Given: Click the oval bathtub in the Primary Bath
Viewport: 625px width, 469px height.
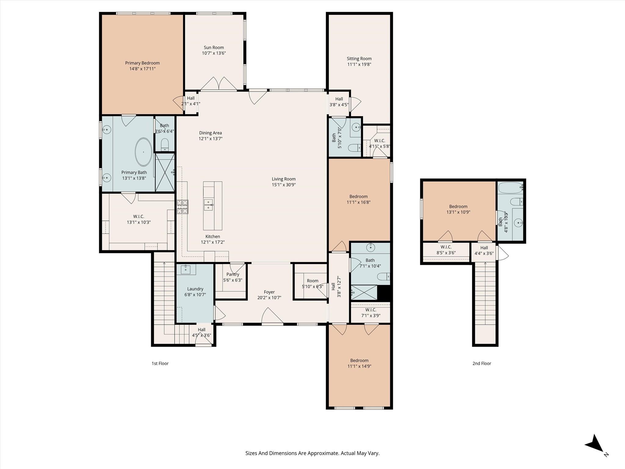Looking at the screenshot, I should coord(143,152).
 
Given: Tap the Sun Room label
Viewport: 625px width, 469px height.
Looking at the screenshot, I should coord(214,47).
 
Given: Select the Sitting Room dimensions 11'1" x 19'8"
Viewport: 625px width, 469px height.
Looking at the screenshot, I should coord(359,64).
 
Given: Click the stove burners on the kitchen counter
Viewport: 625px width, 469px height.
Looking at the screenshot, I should coord(182,207).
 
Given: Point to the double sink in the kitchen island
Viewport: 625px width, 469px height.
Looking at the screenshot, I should coord(208,205).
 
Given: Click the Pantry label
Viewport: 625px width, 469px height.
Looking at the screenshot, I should coord(233,274).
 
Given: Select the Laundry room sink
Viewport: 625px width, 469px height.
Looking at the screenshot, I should coord(186,269).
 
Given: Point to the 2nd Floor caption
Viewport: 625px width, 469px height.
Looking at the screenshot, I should coord(482,363).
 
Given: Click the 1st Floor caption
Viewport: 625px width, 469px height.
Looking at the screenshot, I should coord(160,363).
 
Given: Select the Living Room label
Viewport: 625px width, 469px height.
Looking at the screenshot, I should coord(284,179).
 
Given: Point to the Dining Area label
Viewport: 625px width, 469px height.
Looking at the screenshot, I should coord(210,133).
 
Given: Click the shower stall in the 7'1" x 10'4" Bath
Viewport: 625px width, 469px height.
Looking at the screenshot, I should coord(364,293).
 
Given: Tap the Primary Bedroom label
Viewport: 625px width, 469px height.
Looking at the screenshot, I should coord(142,63).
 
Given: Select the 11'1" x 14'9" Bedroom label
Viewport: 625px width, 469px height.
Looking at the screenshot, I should coord(359,360).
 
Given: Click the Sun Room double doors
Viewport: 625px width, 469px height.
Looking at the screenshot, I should coord(219,84).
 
